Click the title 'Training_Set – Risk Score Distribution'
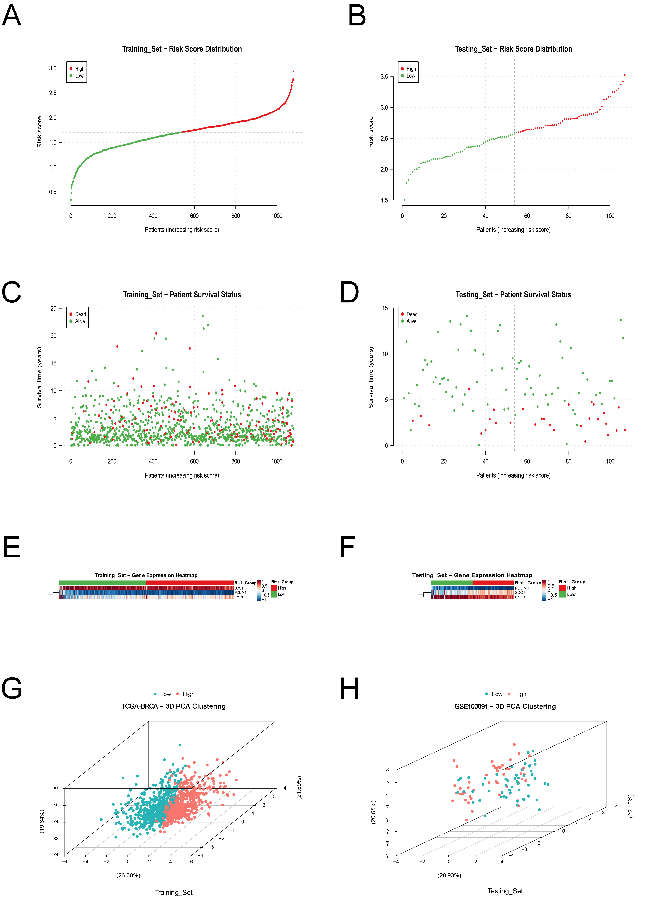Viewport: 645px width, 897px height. [182, 49]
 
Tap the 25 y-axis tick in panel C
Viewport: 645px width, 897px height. [53, 309]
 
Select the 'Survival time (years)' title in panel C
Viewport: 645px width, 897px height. [39, 378]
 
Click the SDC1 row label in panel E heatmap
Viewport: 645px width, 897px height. [239, 588]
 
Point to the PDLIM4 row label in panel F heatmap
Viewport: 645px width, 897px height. [522, 588]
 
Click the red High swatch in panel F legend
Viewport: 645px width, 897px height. [562, 588]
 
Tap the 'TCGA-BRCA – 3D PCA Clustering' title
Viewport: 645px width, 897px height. [174, 706]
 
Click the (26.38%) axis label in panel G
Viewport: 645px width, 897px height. [128, 875]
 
